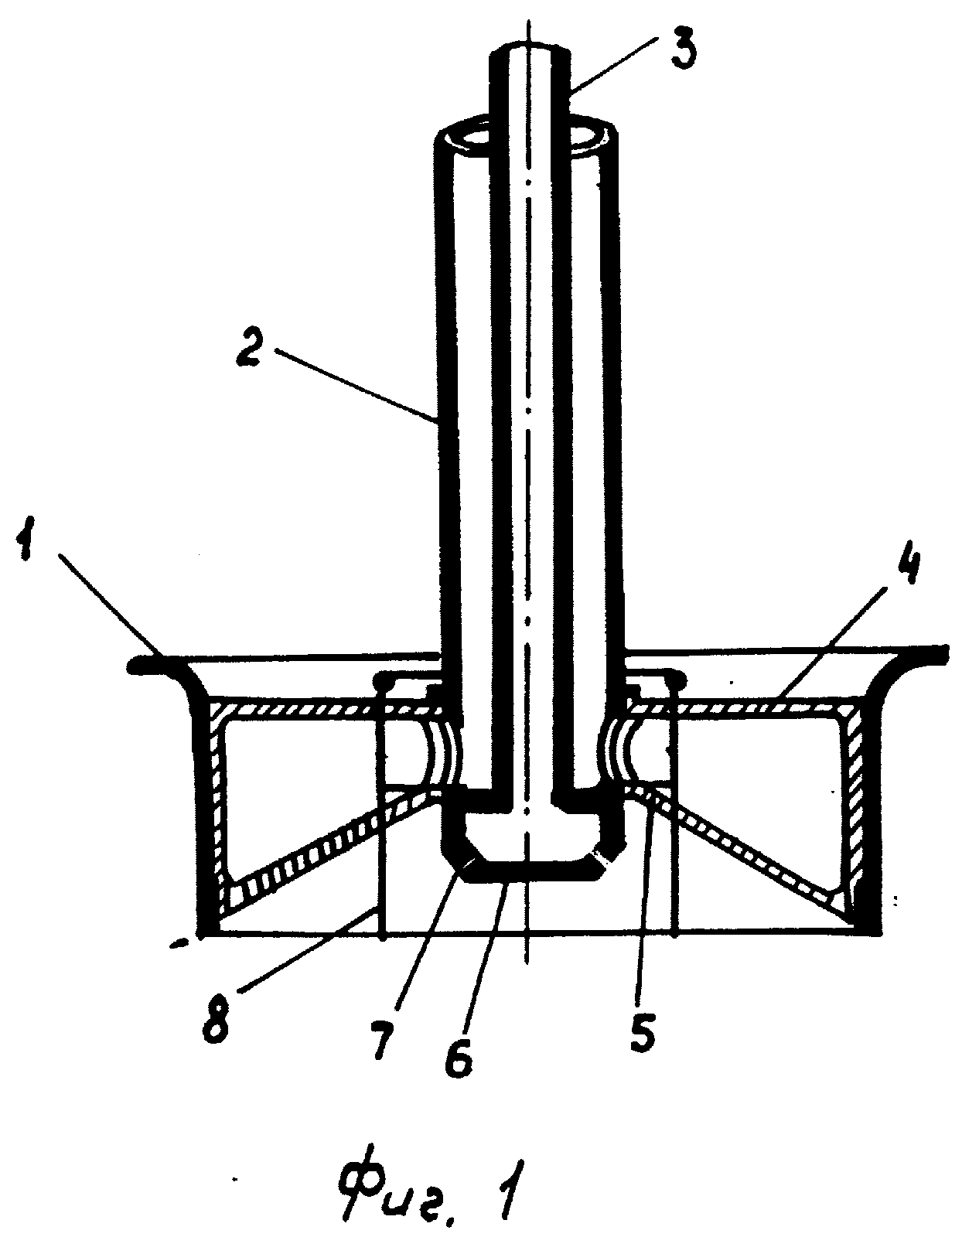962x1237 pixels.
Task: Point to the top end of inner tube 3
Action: (530, 46)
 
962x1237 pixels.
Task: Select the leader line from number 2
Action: (356, 385)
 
